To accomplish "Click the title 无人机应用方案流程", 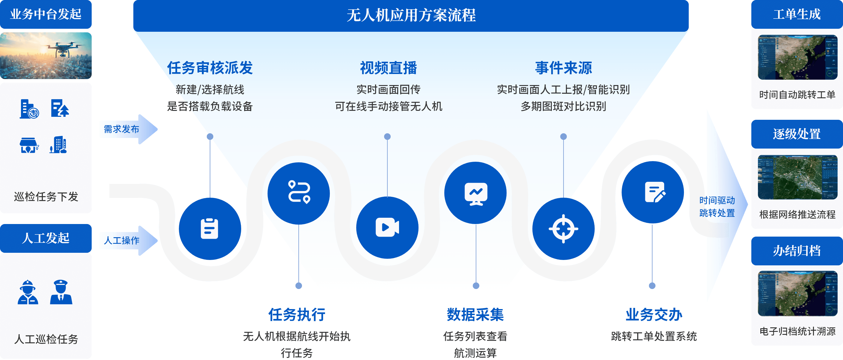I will click(411, 15).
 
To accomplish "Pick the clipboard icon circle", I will click(210, 229).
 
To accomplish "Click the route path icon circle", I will click(298, 193).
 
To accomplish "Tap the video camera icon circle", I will click(387, 227).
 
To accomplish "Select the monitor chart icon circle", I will click(475, 193).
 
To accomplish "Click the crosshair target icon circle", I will click(563, 229).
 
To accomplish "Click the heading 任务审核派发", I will click(210, 68).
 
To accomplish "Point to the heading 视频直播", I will click(388, 68).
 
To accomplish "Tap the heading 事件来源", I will click(563, 68).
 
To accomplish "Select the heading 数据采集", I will click(475, 314).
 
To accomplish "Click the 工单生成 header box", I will click(797, 14).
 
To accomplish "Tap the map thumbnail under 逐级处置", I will click(797, 177).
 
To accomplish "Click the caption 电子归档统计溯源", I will click(797, 331).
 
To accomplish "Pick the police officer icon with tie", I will click(61, 292).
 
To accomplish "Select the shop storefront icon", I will click(29, 145).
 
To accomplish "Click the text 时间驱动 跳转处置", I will click(717, 207).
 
